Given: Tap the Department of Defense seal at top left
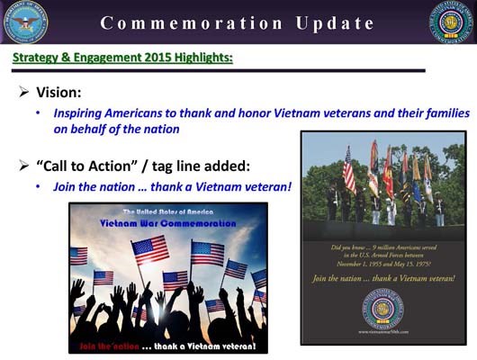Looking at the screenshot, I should [25, 22].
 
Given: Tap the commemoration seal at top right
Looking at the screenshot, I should [451, 22].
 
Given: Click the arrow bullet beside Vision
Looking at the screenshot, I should [24, 92].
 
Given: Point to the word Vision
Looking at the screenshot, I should [61, 92].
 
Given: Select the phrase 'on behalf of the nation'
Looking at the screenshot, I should [116, 129].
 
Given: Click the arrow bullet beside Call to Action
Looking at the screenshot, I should [24, 166].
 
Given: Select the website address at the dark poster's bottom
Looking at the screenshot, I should [383, 334].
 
